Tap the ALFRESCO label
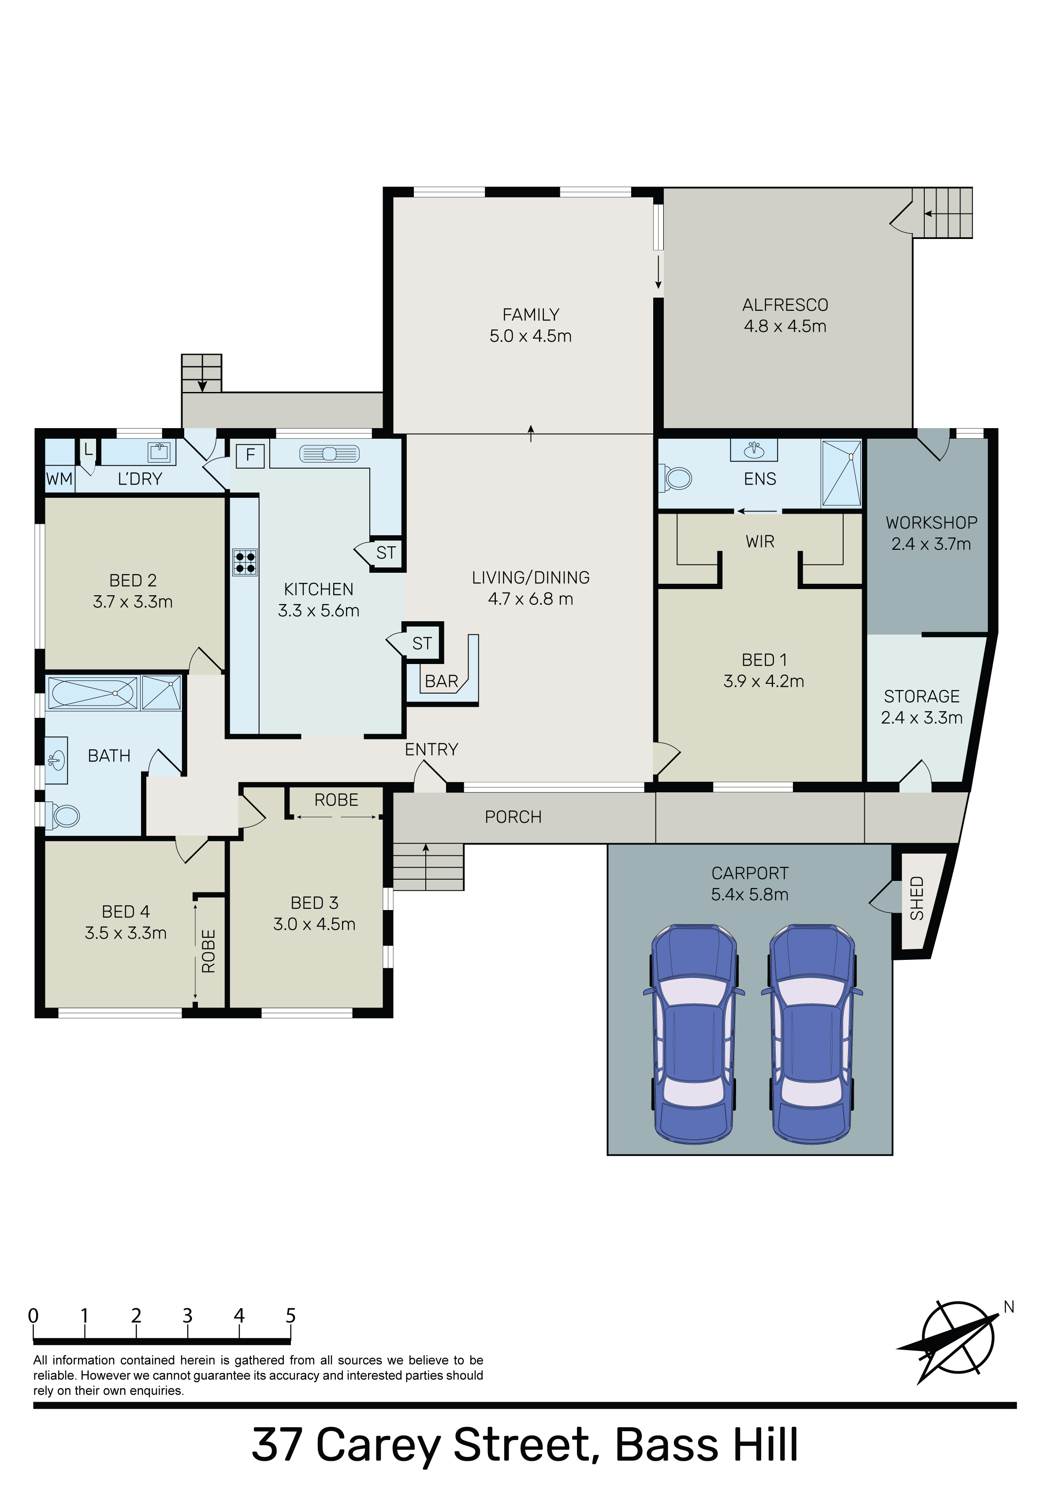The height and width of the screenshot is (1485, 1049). point(785,305)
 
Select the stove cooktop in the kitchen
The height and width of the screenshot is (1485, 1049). point(245,562)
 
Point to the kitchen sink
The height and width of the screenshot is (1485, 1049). point(329,454)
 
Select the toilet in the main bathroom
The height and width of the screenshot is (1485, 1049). point(61,816)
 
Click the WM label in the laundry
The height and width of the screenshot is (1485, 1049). point(60,479)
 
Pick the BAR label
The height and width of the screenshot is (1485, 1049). point(441,681)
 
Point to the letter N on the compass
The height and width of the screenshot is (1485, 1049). point(1009,1307)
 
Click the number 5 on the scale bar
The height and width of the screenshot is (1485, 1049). point(291,1316)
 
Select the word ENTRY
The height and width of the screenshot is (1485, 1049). point(432,749)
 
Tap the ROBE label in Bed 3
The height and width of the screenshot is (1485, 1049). point(336,800)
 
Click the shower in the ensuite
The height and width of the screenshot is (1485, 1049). point(841,473)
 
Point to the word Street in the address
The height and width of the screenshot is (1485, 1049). point(522,1444)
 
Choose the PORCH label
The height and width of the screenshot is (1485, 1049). point(513,817)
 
